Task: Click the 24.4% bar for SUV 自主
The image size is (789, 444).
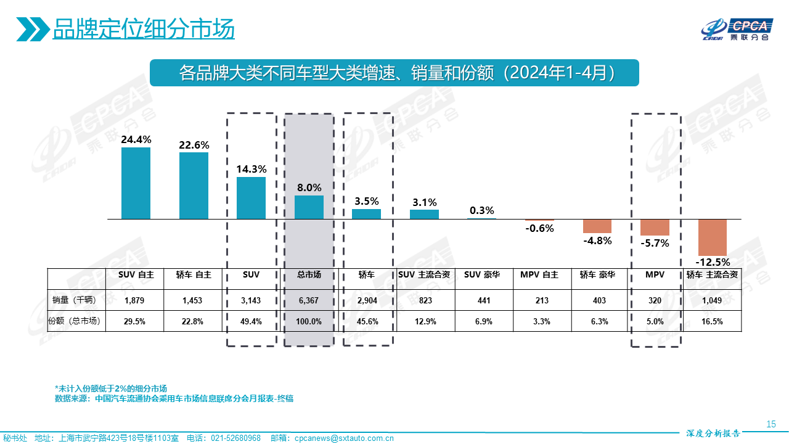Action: click(136, 183)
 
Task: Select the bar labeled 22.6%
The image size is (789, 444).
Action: click(194, 186)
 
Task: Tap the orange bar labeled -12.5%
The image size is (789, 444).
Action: click(713, 237)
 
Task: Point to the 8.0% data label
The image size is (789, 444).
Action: click(309, 187)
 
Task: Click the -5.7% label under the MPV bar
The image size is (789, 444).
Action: click(655, 243)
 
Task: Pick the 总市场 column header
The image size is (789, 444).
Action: click(309, 275)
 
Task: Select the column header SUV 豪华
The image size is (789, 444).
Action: click(482, 275)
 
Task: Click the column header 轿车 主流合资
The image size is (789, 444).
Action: click(713, 275)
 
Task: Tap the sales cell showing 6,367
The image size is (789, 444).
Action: click(309, 300)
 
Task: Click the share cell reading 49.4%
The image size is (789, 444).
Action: click(251, 321)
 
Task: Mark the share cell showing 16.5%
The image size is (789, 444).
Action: click(713, 321)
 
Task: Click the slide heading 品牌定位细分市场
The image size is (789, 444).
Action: click(144, 29)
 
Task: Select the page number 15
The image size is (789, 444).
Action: click(771, 424)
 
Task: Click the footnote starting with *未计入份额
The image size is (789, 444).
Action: click(111, 388)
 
